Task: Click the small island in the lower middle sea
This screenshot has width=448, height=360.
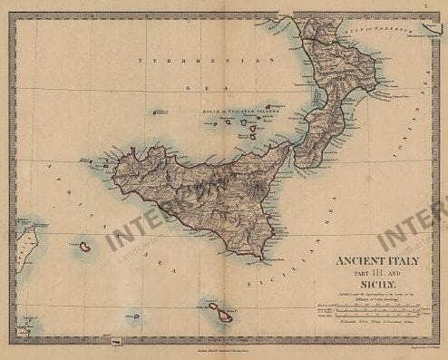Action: tap(136, 316)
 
